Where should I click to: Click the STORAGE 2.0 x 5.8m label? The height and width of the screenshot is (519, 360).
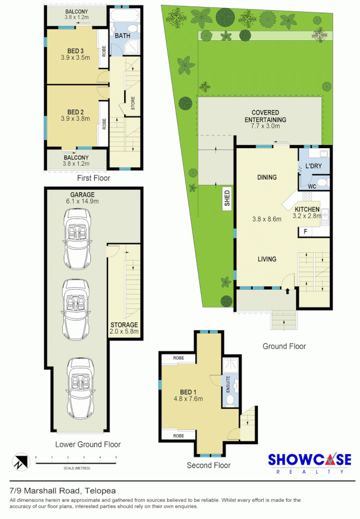tap(124, 328)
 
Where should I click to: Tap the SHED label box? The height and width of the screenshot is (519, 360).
tap(227, 198)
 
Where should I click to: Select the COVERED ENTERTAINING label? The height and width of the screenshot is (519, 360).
tap(265, 116)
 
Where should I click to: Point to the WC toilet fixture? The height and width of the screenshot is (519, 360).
tap(322, 183)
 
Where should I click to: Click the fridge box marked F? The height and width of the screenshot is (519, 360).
tap(305, 231)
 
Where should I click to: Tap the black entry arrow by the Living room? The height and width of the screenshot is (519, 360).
tap(287, 292)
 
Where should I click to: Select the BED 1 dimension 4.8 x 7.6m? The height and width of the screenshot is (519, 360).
tap(187, 398)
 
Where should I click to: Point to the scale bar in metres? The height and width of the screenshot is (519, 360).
tap(76, 463)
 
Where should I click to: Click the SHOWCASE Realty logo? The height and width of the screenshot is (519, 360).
tap(309, 464)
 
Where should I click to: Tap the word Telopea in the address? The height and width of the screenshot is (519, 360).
tap(100, 491)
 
